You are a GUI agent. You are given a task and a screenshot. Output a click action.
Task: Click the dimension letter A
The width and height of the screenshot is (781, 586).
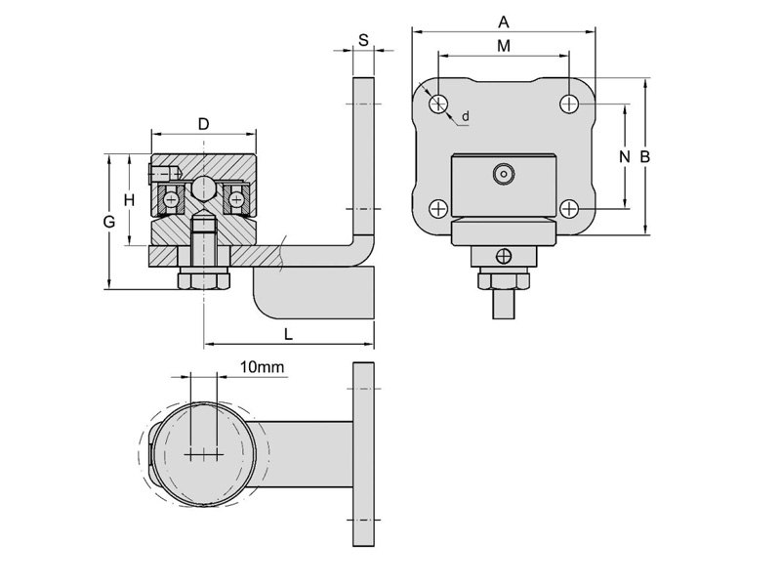click(x=504, y=21)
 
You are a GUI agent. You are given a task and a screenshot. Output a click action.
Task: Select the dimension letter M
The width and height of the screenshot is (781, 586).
click(x=504, y=46)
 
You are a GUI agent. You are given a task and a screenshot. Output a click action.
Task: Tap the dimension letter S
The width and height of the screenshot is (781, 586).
click(x=363, y=40)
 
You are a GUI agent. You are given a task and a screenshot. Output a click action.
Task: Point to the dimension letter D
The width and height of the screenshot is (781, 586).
click(x=203, y=124)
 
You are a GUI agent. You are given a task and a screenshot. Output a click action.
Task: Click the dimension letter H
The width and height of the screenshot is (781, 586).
click(x=129, y=200)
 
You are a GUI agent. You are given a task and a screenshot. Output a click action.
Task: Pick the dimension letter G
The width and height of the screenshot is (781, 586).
click(x=109, y=222)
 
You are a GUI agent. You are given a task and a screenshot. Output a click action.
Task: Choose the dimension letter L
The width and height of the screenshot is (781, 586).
click(x=288, y=334)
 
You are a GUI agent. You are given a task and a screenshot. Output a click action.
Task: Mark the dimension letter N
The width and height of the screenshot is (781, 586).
click(x=624, y=156)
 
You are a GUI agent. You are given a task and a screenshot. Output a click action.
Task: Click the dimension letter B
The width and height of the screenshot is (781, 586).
click(x=644, y=156)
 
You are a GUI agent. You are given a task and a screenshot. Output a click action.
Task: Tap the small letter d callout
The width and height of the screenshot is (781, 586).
click(x=466, y=116)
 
